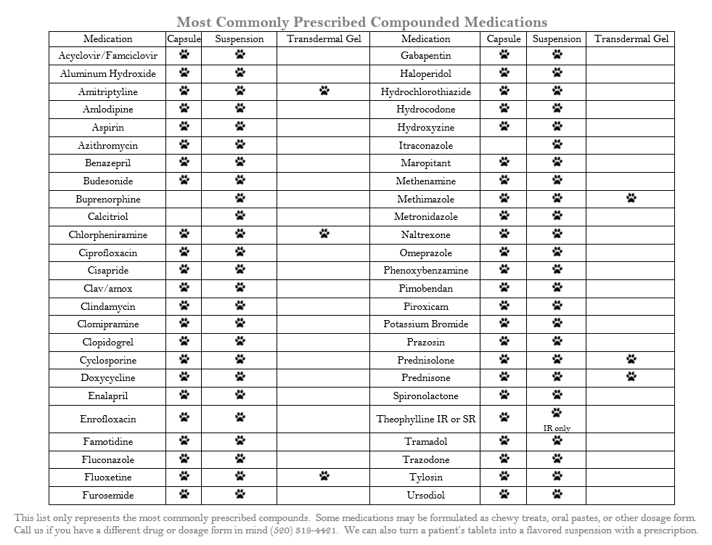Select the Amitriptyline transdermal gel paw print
[324, 91]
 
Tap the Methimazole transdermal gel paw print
[631, 198]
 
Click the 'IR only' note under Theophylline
[557, 428]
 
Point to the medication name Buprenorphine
[108, 199]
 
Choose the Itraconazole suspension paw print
[557, 144]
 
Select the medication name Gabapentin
[425, 56]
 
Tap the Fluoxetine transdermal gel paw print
[324, 476]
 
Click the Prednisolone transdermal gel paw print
[631, 359]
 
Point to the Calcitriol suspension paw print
[240, 216]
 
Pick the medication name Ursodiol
[425, 496]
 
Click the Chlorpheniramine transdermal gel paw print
[324, 234]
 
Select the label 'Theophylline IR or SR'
[425, 419]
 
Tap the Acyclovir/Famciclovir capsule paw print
[184, 54]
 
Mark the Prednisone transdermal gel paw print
[631, 377]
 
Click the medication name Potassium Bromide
[425, 324]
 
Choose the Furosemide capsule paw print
[184, 494]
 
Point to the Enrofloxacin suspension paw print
[240, 417]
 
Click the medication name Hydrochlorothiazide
[425, 92]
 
